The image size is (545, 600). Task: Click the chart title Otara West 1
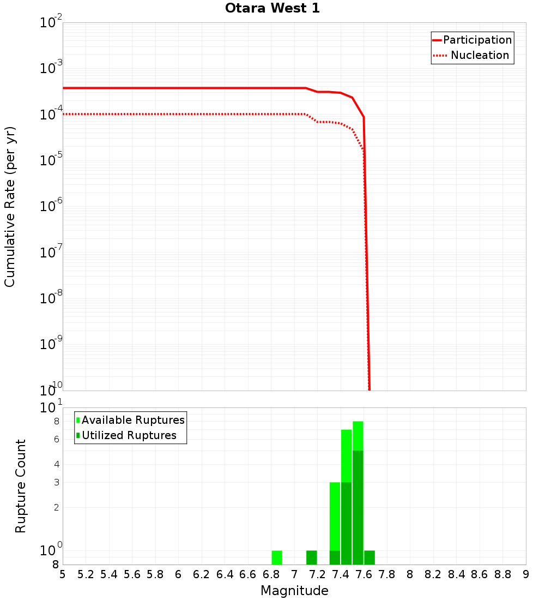tap(272, 9)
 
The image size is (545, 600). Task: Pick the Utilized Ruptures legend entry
tap(129, 435)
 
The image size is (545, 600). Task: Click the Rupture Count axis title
tap(21, 486)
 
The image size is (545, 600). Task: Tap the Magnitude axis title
tap(294, 591)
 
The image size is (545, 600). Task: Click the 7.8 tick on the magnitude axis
tap(387, 574)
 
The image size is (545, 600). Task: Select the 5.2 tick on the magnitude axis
tap(86, 574)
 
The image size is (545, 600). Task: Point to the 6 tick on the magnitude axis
tap(178, 574)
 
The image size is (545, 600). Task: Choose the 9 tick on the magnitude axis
tap(526, 574)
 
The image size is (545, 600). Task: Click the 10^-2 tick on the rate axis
tap(51, 23)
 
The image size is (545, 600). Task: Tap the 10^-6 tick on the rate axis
tap(51, 207)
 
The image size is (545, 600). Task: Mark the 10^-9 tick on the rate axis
tap(51, 345)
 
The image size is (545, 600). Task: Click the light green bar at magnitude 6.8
tap(277, 557)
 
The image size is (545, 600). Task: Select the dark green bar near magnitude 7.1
tap(312, 557)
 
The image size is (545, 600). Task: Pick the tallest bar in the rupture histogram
tap(358, 491)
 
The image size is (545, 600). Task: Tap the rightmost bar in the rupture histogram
tap(370, 557)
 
